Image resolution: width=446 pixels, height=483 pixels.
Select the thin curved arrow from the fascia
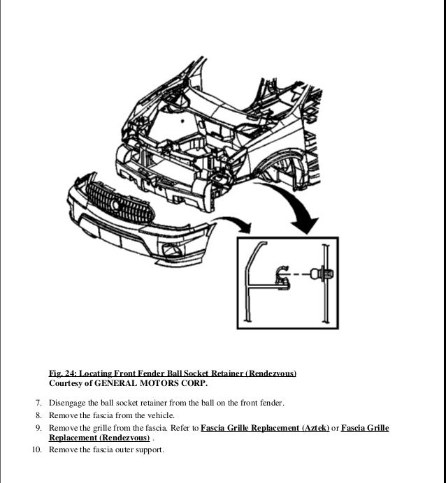click(x=235, y=224)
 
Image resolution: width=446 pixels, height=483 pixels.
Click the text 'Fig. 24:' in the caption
click(x=63, y=373)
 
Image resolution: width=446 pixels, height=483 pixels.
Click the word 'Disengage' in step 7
click(x=67, y=403)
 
